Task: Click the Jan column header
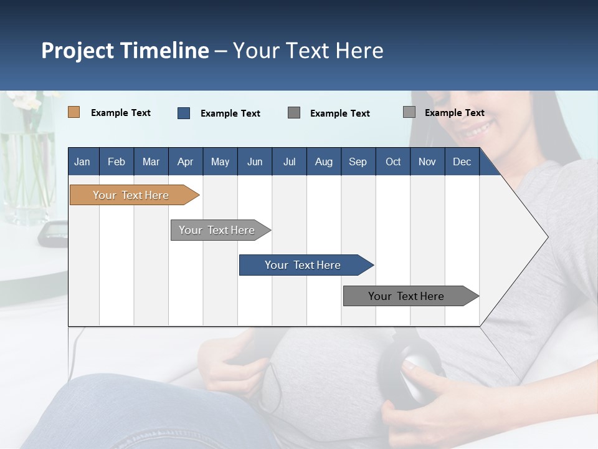(x=82, y=162)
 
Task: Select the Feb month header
(x=116, y=162)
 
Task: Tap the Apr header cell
(x=185, y=162)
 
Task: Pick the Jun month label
(x=255, y=162)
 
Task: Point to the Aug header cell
(x=323, y=162)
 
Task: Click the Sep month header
(x=358, y=162)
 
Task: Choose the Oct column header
(x=393, y=162)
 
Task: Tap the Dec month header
(x=462, y=162)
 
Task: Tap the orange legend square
(x=74, y=112)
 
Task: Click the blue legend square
(x=184, y=113)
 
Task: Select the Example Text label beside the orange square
(x=121, y=113)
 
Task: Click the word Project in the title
(x=77, y=51)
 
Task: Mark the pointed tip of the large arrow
(x=547, y=237)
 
